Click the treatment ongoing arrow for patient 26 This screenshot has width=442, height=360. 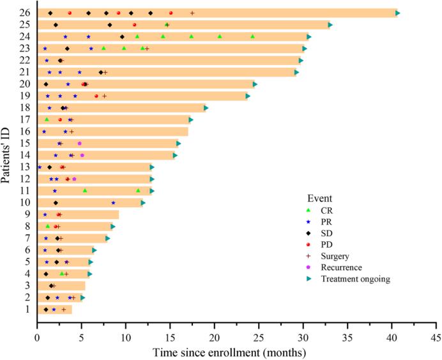coord(397,13)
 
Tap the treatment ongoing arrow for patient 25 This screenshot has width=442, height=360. coord(330,25)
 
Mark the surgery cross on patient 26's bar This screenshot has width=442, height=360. coord(192,13)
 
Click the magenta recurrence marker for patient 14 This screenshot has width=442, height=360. coord(82,155)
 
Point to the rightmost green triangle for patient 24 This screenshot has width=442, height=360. coord(252,36)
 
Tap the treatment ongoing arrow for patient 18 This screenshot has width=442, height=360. coord(206,108)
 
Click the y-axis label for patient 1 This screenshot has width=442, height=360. coord(26,310)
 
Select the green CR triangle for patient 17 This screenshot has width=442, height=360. coord(47,119)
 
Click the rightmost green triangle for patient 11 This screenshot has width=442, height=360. coord(137,190)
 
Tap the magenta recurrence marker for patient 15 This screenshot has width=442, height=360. coord(79,143)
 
